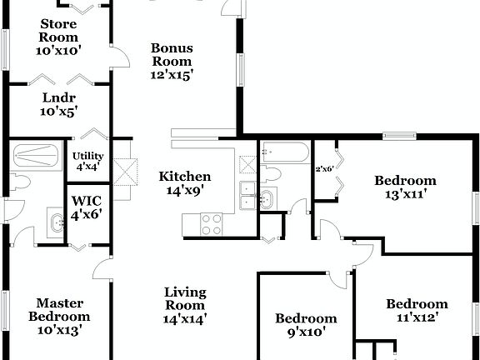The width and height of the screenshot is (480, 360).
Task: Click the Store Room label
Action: pos(57,37)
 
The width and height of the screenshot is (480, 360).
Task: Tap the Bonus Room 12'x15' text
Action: pos(172,61)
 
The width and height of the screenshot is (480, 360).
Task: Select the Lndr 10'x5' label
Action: pos(59,102)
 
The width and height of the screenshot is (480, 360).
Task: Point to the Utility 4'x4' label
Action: pos(87,161)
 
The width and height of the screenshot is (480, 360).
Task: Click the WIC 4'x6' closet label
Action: pos(87,207)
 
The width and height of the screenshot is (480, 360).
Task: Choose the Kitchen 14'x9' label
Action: pos(185,182)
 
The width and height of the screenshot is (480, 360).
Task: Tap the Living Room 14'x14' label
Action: pos(185,304)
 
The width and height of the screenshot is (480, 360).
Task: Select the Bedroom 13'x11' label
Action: pos(405,187)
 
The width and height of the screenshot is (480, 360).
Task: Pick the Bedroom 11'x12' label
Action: pos(417,310)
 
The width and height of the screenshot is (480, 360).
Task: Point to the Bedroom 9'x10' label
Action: pos(307,324)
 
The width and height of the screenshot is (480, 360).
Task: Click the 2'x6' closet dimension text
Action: pos(324,169)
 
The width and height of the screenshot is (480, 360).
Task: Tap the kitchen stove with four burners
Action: pos(212,222)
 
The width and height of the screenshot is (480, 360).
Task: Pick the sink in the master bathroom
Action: pos(57,222)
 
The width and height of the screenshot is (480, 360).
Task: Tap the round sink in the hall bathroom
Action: pos(267,198)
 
